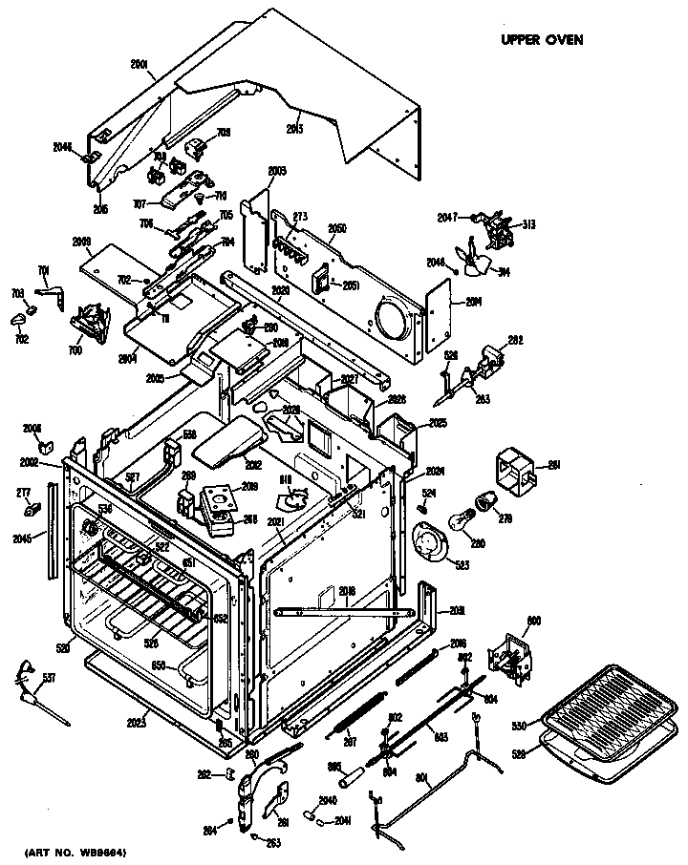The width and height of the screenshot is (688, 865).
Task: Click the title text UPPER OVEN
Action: tap(542, 40)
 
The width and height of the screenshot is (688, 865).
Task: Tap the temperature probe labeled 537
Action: tap(37, 690)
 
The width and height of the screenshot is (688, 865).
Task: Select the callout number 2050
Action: tap(337, 228)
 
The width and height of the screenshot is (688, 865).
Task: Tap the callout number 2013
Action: tap(294, 128)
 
